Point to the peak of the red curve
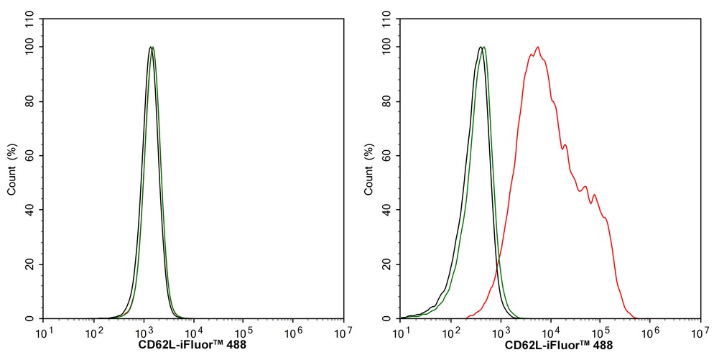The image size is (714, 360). point(537,47)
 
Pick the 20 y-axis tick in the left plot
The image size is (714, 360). point(32,264)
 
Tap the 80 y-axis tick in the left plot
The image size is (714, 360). point(32,101)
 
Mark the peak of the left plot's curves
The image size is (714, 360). point(152,47)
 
